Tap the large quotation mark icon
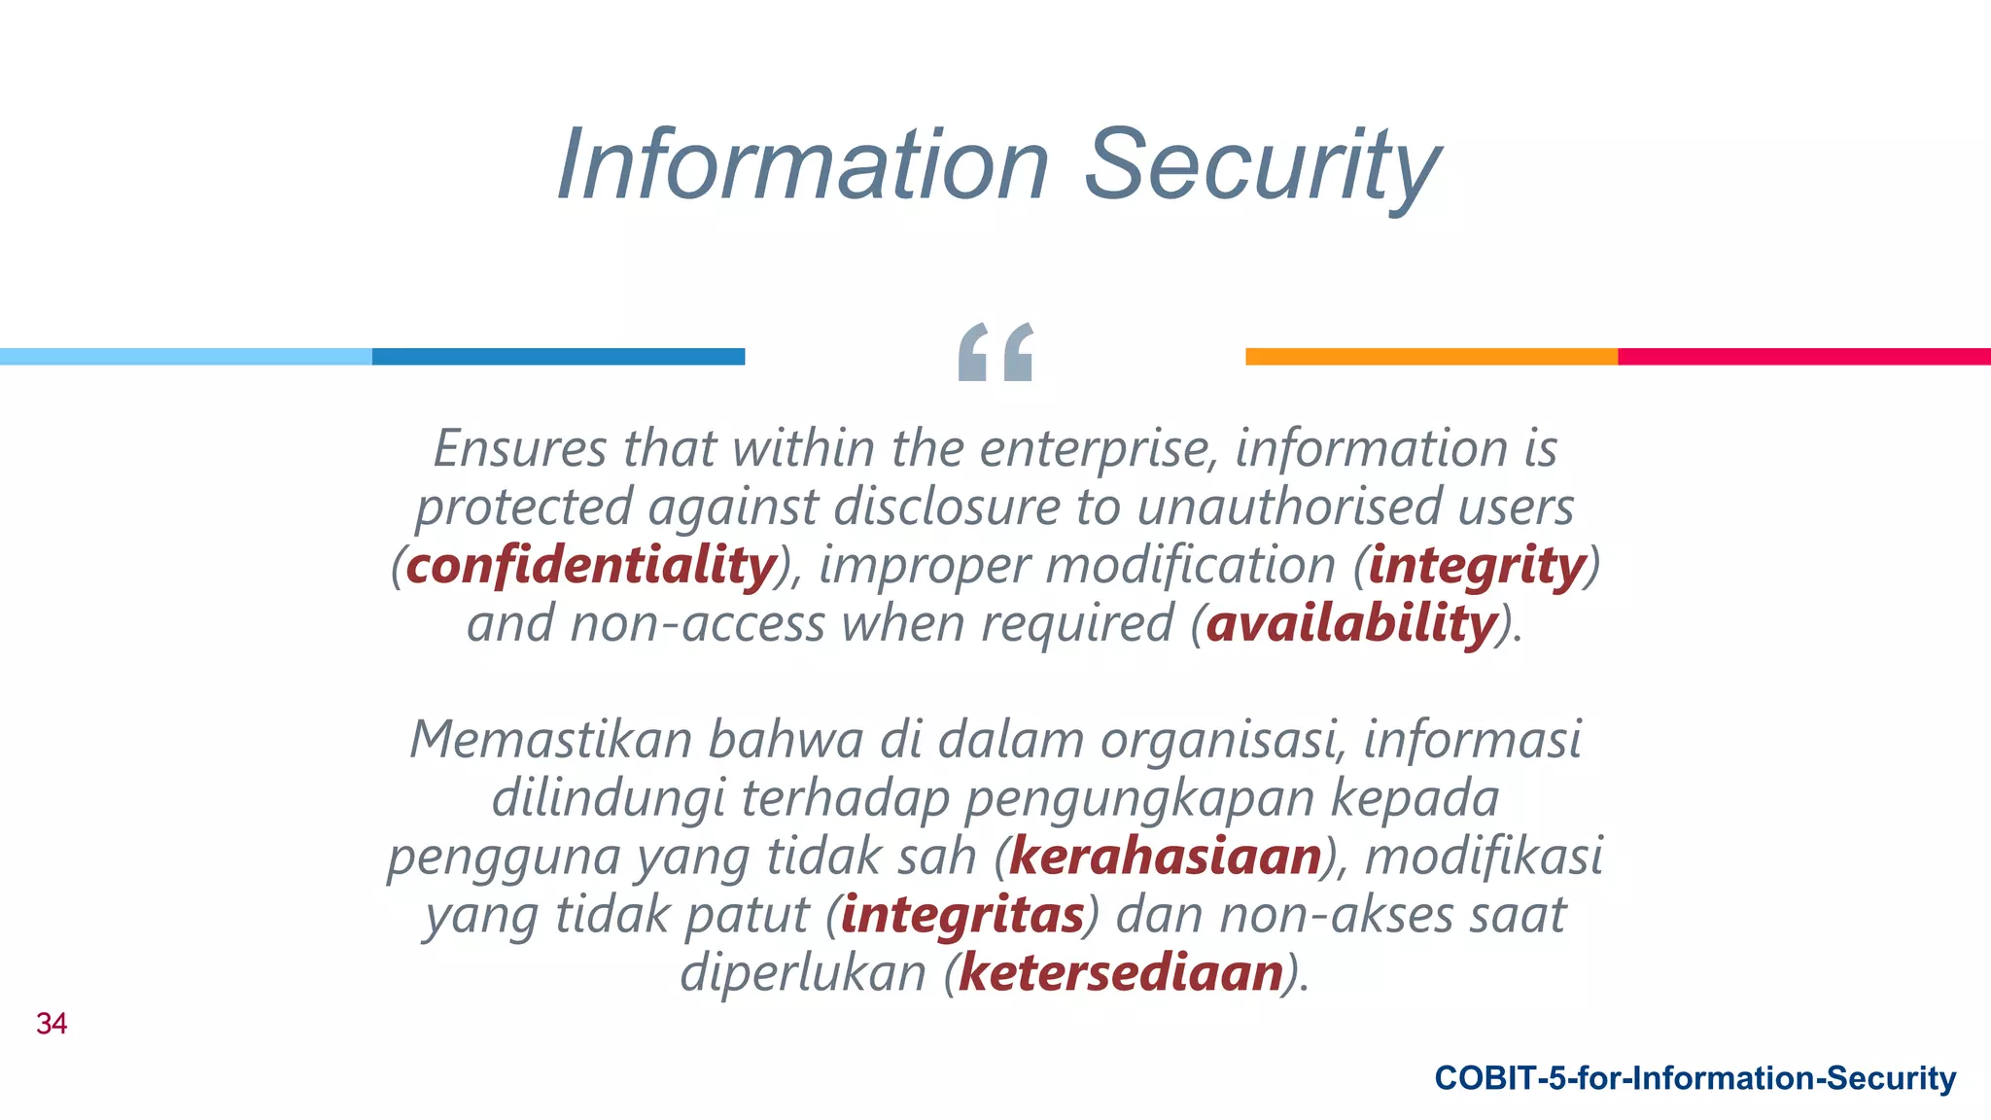[995, 352]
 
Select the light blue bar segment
[186, 357]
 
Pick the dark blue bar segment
[558, 357]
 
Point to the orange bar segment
[1431, 357]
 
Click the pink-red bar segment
[1804, 357]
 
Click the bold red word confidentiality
[591, 566]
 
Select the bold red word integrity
[1477, 566]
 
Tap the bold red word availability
[1351, 624]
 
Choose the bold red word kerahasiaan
[1166, 857]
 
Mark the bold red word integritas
[962, 915]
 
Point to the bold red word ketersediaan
[1121, 973]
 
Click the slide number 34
[52, 1024]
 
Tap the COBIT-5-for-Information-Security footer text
[1694, 1078]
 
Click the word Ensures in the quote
[520, 449]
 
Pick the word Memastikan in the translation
[550, 740]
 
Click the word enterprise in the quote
[1098, 449]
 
